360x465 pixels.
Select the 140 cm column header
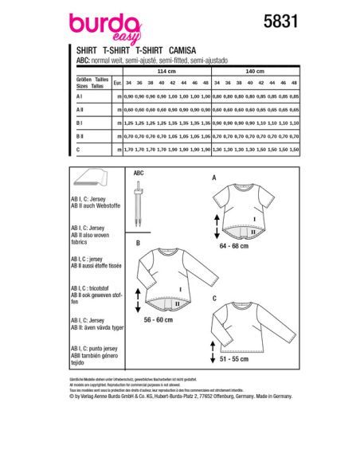click(x=256, y=70)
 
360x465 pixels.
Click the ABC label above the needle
click(x=139, y=172)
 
